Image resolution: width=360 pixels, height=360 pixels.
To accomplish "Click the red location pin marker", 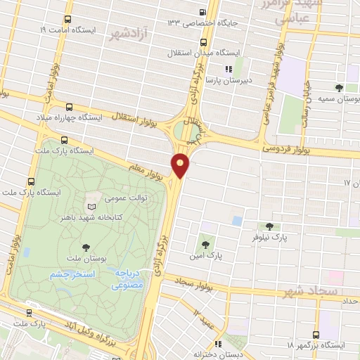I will (x=181, y=165).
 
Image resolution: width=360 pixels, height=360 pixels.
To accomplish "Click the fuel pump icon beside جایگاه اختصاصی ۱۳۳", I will (x=203, y=12).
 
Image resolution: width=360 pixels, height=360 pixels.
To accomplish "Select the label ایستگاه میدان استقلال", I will (x=204, y=52).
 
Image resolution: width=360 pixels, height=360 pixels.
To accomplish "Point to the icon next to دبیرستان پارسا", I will (x=228, y=69).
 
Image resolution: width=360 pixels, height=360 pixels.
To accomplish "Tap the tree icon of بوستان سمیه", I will (x=340, y=88).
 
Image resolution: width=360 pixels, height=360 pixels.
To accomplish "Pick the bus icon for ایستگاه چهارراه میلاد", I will (x=69, y=107).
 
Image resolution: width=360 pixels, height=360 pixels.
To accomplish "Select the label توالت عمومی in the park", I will (x=125, y=199).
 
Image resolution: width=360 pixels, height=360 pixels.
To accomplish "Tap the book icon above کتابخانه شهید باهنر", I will (x=89, y=206).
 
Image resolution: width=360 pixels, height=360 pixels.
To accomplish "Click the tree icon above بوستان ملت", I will (x=86, y=247).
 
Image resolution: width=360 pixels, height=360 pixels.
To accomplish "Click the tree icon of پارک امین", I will (x=205, y=245).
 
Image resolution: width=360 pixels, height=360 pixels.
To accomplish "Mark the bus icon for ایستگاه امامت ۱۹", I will (x=67, y=19).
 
